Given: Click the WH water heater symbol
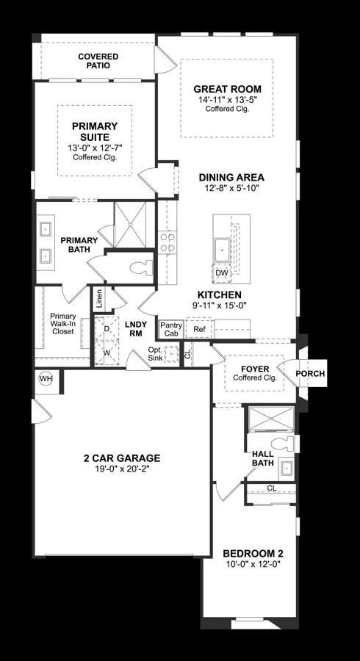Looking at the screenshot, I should [46, 378].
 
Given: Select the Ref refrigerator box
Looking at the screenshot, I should [198, 329].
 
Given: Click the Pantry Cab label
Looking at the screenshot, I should [171, 328].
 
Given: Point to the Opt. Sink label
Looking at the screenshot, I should [156, 354].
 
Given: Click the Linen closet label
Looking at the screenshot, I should [99, 299].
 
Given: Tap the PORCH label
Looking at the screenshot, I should [310, 374].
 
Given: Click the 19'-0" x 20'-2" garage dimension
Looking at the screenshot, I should [121, 469].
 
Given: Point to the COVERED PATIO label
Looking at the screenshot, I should [98, 60].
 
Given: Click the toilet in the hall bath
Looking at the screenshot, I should [282, 444].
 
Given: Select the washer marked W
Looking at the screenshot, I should [107, 352].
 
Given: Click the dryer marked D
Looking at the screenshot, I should [107, 328].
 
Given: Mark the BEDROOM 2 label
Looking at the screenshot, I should [253, 553].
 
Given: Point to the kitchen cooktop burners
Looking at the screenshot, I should [168, 242].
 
